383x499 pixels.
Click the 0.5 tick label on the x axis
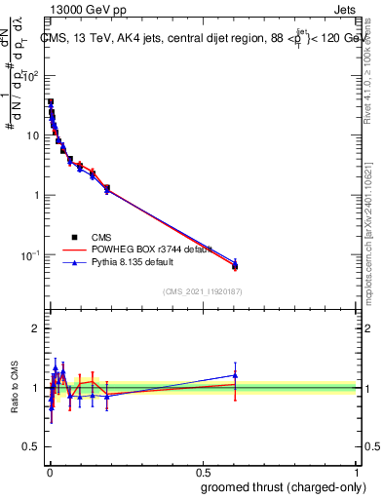[203, 469]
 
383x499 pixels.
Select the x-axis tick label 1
[357, 469]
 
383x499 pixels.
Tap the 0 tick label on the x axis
[50, 469]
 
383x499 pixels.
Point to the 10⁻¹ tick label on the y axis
[30, 255]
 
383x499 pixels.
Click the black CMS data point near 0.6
[235, 266]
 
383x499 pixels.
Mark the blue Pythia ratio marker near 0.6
[235, 375]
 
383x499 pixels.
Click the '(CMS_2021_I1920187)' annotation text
[202, 290]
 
